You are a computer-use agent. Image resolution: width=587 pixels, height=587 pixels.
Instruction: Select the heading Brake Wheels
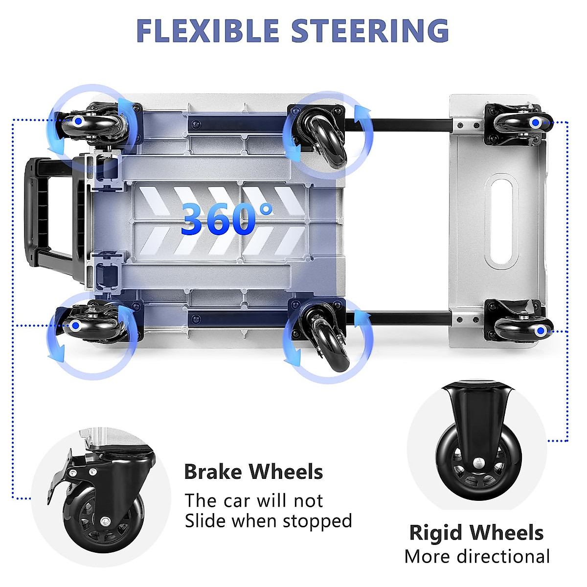pos(253,472)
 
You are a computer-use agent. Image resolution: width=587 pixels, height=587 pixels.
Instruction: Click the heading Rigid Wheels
pos(476,533)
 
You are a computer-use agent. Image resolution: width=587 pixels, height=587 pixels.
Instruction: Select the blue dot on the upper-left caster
pos(78,121)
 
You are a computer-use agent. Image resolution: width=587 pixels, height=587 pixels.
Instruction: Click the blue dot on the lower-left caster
pos(75,325)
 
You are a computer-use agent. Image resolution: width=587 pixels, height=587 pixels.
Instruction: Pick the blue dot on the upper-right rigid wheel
pos(536,122)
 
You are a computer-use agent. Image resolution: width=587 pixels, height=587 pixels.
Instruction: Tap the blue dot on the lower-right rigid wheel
pos(540,331)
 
